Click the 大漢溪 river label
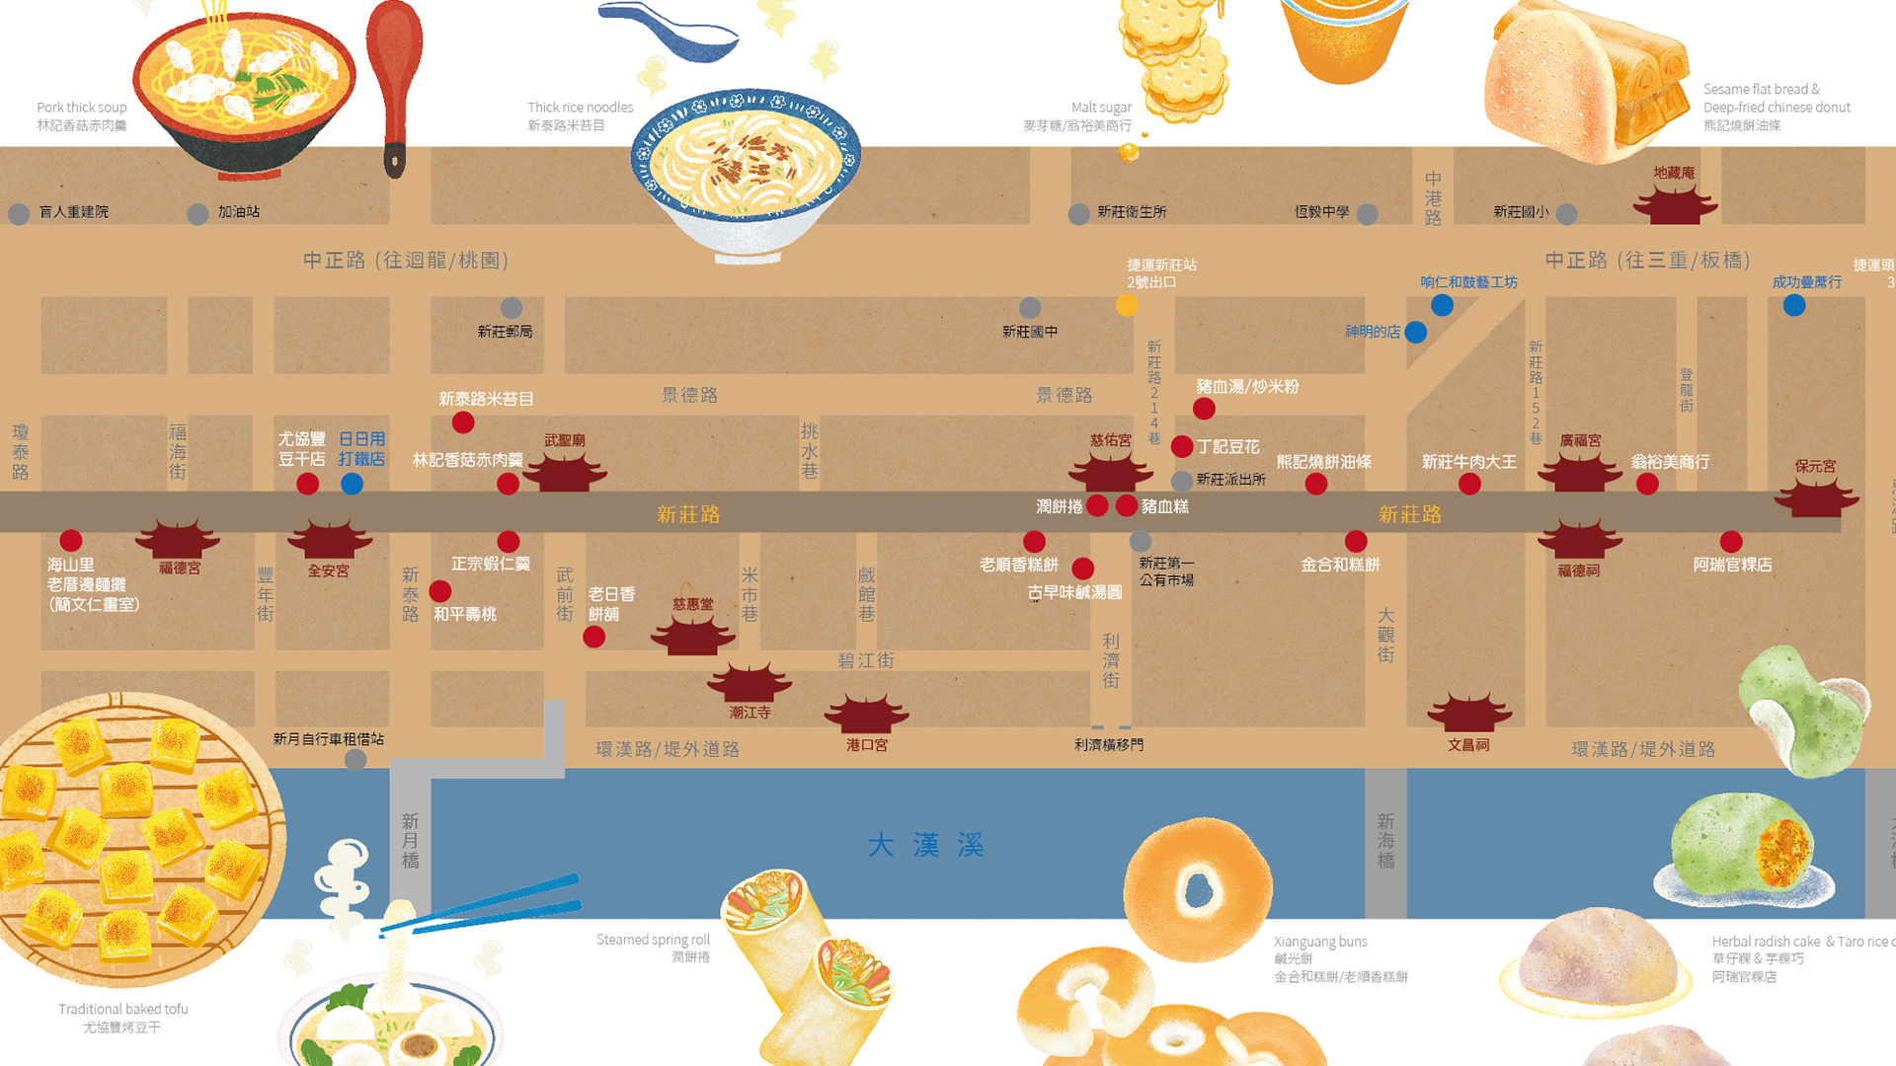click(x=925, y=845)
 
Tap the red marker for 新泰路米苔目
click(x=463, y=422)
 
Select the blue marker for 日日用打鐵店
click(x=352, y=484)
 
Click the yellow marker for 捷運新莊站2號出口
click(x=1127, y=305)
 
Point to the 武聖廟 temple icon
click(x=564, y=472)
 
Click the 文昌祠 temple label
click(x=1468, y=745)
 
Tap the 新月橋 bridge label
click(x=410, y=840)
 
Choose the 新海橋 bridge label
click(x=1385, y=840)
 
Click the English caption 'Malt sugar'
click(x=1101, y=108)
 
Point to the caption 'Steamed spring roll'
click(x=653, y=940)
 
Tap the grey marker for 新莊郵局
click(x=512, y=308)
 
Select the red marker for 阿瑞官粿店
click(x=1731, y=541)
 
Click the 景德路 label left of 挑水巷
click(x=689, y=395)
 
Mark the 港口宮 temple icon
click(x=866, y=714)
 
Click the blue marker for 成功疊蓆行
click(x=1794, y=305)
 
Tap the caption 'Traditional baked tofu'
click(x=122, y=1009)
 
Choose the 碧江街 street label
click(x=866, y=660)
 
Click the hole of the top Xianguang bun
click(x=1198, y=888)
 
